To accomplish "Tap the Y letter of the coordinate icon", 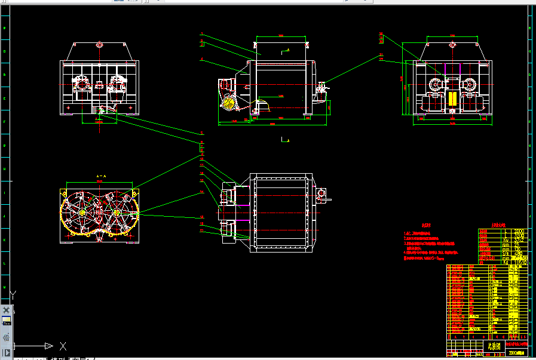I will [13, 294].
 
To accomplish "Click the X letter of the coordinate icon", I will [63, 346].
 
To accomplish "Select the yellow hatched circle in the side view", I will [228, 102].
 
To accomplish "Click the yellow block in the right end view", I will [452, 99].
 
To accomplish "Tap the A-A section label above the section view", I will [100, 177].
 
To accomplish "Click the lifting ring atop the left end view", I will [99, 45].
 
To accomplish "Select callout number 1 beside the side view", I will [203, 34].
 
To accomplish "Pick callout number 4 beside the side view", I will [203, 59].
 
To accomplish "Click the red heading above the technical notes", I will [425, 226].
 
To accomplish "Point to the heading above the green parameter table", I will [497, 226].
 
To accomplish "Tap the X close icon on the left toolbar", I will [7, 310].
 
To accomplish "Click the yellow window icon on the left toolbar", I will [7, 321].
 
